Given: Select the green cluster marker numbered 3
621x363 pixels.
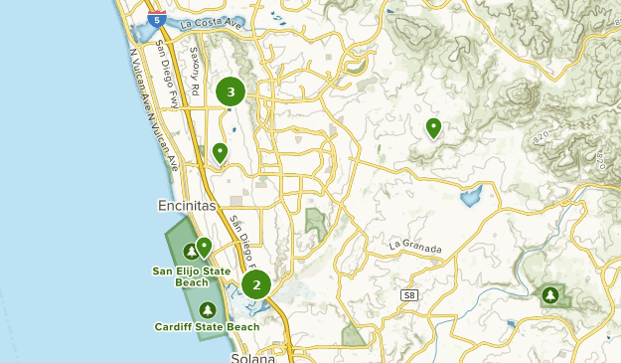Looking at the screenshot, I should click(x=231, y=92).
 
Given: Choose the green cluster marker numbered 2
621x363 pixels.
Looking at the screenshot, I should click(x=256, y=285).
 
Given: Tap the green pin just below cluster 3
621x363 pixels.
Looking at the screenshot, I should click(x=220, y=152).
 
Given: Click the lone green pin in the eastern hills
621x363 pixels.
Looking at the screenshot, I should click(x=433, y=127).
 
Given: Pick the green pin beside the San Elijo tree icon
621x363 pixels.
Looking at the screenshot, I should click(x=204, y=246).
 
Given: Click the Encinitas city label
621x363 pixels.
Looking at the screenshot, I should click(x=186, y=205).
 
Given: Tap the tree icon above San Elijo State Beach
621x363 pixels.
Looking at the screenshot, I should click(x=190, y=251).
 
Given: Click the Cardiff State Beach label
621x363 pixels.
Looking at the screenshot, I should click(x=207, y=326).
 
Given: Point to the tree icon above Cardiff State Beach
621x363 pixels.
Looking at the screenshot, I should click(x=207, y=309).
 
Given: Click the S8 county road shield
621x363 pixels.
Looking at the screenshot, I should click(x=409, y=296).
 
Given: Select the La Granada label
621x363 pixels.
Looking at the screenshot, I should click(x=414, y=244).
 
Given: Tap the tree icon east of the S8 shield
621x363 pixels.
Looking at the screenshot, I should click(x=550, y=294).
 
